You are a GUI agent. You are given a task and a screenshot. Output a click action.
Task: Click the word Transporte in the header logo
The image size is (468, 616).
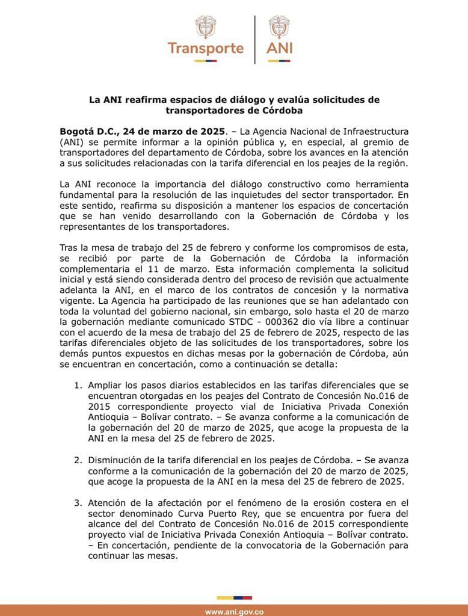click(206, 48)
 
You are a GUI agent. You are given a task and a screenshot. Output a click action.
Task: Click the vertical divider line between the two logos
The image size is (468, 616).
click(255, 39)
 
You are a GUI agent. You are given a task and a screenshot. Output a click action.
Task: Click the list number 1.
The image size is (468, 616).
click(77, 384)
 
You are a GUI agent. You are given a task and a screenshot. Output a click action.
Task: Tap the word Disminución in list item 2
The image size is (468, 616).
click(117, 460)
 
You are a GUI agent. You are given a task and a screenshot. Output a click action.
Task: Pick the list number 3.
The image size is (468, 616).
click(77, 503)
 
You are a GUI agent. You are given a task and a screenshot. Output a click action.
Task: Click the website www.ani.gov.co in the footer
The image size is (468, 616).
click(234, 612)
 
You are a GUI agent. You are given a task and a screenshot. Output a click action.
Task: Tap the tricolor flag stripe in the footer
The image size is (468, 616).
click(234, 599)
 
